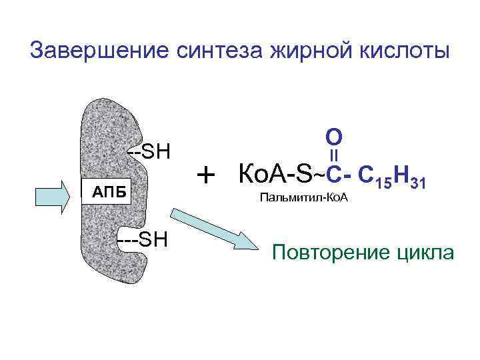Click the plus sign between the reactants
click(x=207, y=175)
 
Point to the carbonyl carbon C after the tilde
click(x=333, y=175)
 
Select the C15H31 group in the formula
click(x=393, y=177)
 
